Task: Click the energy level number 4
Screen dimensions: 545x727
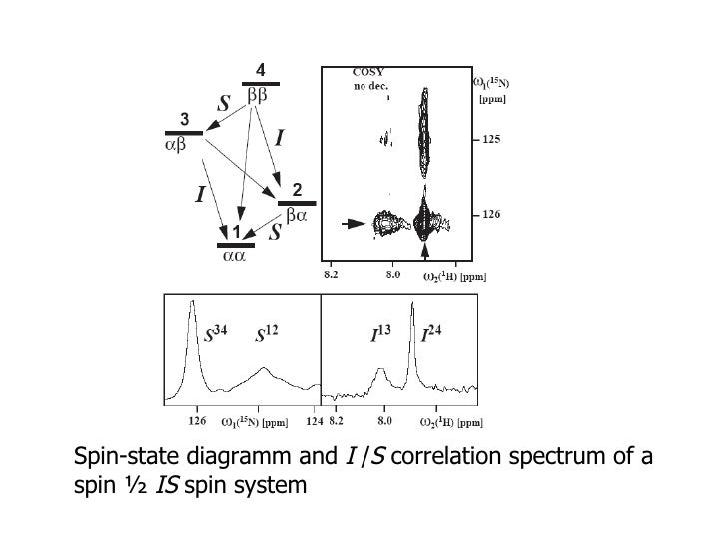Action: (x=260, y=70)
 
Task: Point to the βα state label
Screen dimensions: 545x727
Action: (x=296, y=214)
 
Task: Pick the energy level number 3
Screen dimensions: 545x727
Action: (x=185, y=119)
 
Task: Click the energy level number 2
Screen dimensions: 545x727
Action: (x=297, y=189)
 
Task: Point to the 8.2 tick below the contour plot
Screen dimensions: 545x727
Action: (x=333, y=272)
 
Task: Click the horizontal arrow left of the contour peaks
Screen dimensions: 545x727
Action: (x=352, y=225)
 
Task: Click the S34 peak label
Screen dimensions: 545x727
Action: (x=217, y=336)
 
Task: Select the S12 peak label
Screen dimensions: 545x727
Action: (x=267, y=337)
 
